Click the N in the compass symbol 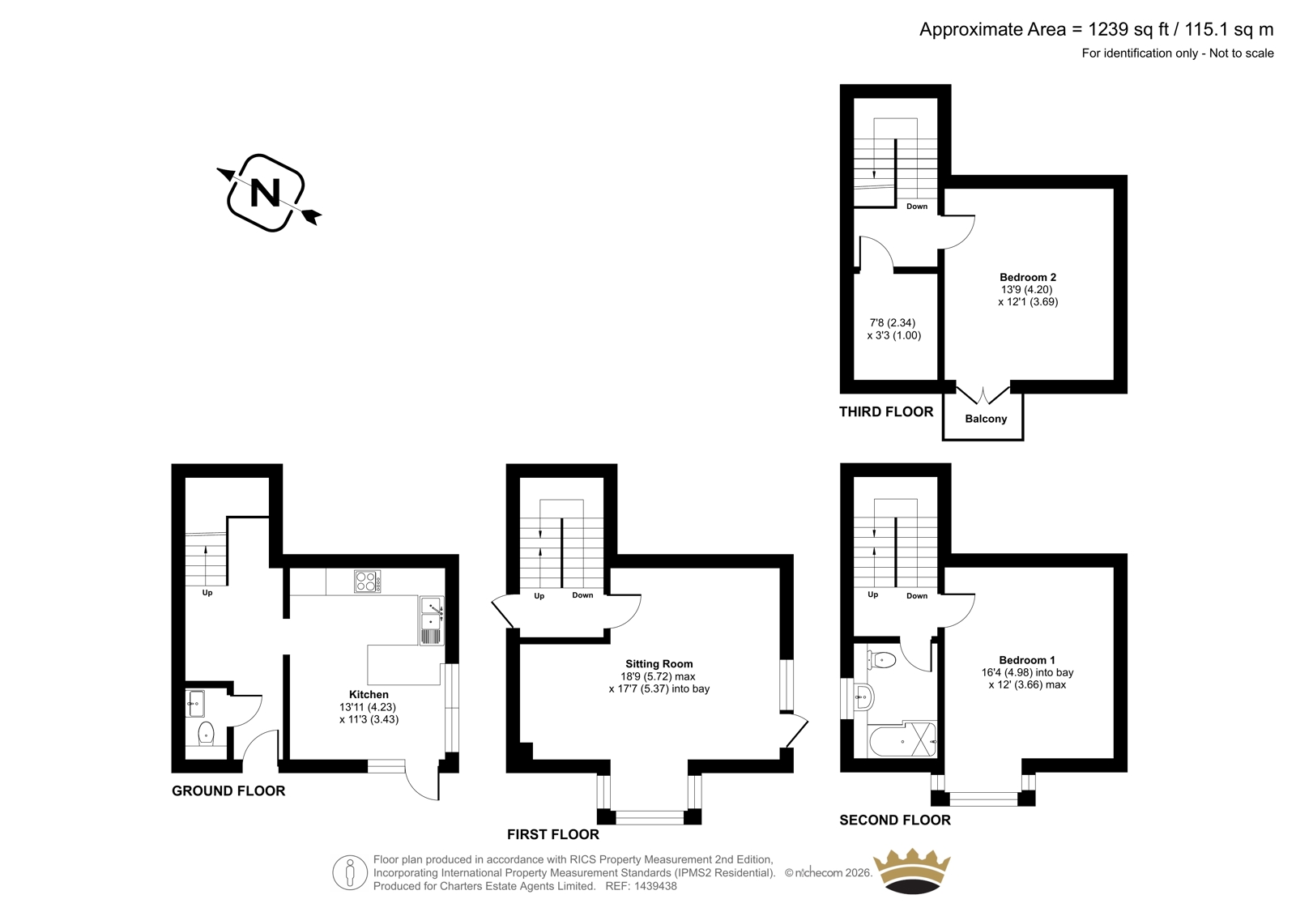[x=265, y=193]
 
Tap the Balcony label [x=986, y=419]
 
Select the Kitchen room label [x=369, y=694]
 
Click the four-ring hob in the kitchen [x=368, y=582]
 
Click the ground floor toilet [x=206, y=733]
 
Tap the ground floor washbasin [x=195, y=704]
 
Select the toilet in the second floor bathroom [x=882, y=659]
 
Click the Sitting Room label [x=659, y=664]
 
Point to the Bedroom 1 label [x=1027, y=660]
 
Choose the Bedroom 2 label [x=1028, y=277]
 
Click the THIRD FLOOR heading [x=886, y=412]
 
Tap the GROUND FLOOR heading [x=228, y=791]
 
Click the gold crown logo [x=912, y=871]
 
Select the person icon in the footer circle [x=349, y=872]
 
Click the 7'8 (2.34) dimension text [x=893, y=323]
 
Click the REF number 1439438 [x=654, y=886]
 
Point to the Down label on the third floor [x=917, y=207]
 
